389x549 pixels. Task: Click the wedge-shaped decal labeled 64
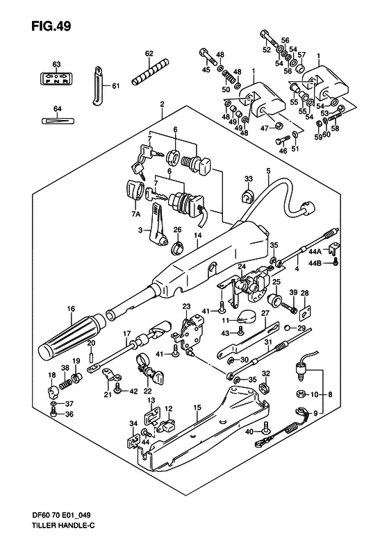[56, 120]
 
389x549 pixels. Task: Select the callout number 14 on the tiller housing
[197, 236]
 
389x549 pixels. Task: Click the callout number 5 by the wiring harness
[267, 171]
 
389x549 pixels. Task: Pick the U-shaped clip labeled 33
[247, 198]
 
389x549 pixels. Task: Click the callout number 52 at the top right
[267, 50]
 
